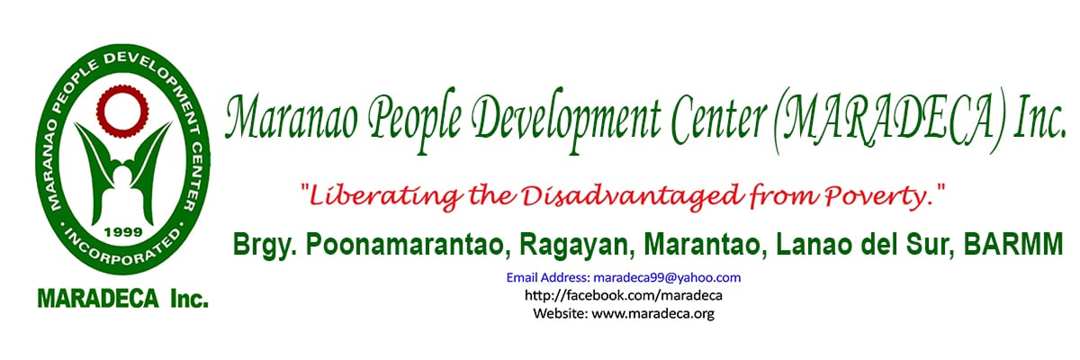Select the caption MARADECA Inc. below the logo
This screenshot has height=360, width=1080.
click(122, 298)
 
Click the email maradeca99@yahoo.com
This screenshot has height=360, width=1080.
click(667, 278)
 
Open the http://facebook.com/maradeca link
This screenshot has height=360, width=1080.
click(624, 295)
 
